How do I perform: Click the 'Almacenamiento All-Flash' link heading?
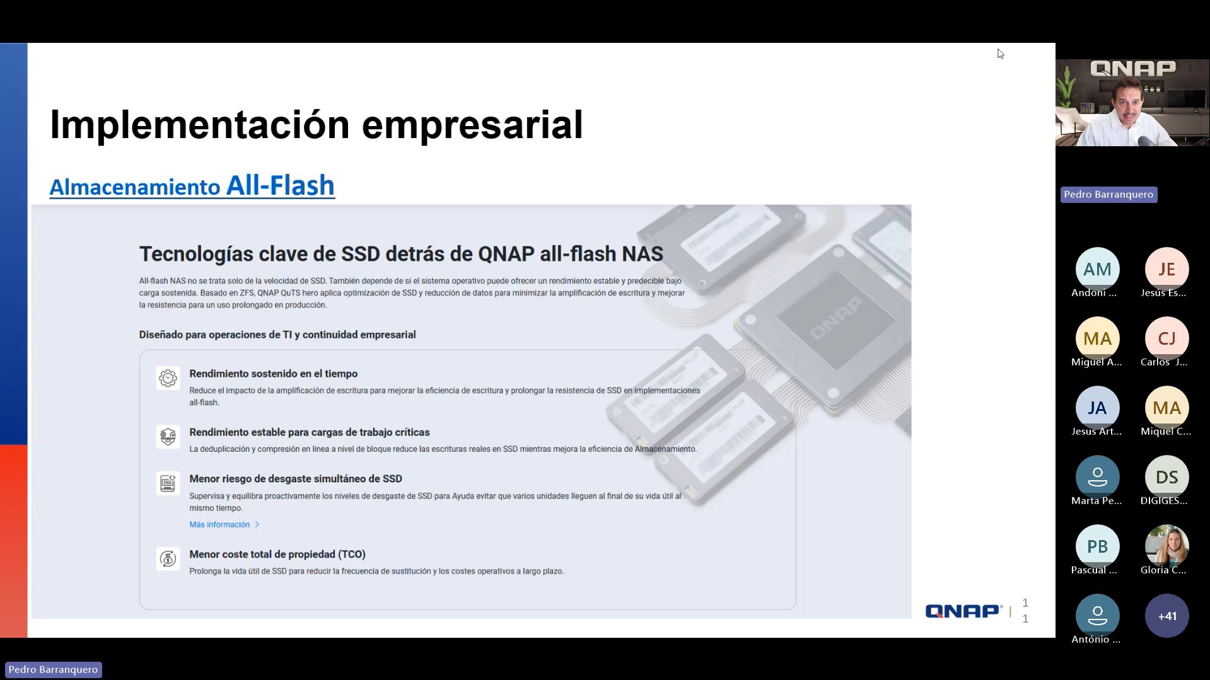click(192, 186)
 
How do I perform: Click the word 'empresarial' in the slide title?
click(472, 125)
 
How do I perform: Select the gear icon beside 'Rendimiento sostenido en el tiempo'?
click(168, 378)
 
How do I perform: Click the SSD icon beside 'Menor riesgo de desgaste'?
click(168, 483)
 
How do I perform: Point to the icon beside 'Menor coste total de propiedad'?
click(168, 558)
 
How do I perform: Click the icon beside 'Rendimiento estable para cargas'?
click(168, 437)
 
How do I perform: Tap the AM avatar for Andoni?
click(1097, 269)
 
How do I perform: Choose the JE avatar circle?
click(1166, 269)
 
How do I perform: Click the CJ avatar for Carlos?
click(1166, 338)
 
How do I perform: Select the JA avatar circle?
click(1097, 408)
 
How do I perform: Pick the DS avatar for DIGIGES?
click(1166, 477)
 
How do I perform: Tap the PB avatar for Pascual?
click(1097, 546)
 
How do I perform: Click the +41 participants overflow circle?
click(1166, 616)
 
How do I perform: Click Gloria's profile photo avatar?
click(1166, 546)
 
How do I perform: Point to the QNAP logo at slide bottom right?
click(963, 611)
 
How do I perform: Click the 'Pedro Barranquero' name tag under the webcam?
click(1108, 195)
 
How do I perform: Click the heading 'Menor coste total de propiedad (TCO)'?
click(277, 555)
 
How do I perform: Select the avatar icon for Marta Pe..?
click(1097, 477)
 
